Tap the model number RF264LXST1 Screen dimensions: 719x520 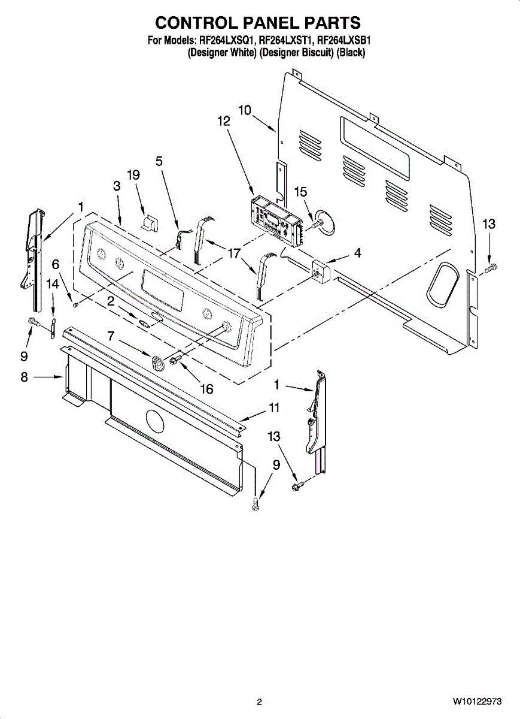287,41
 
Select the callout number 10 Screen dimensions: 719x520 245,110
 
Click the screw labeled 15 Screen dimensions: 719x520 315,222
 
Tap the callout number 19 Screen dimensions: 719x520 133,175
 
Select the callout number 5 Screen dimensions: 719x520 159,161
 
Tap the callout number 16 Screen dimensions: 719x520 206,389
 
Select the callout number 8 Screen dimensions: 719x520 24,377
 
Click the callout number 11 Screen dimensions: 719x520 274,407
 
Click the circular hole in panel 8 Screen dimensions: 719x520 153,422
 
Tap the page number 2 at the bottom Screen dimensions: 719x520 259,702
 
